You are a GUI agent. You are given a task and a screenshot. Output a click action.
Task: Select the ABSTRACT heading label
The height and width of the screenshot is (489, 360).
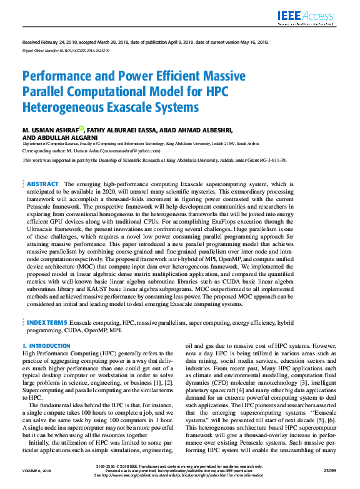tap(43, 184)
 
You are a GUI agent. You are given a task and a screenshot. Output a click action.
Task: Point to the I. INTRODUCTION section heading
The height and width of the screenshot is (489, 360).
tap(46, 345)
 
